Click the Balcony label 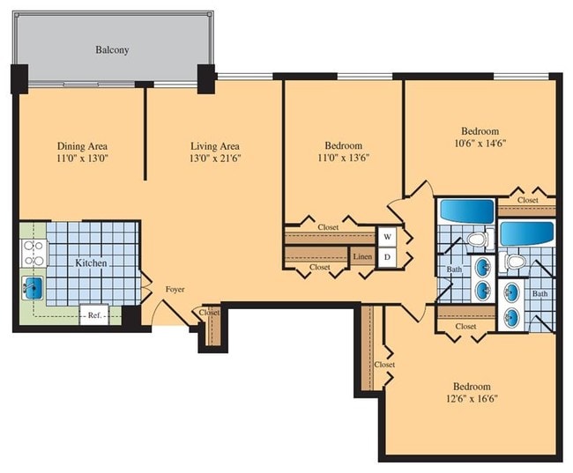pos(112,50)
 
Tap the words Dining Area pos(82,145)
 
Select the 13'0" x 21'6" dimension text pos(216,159)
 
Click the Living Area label pos(215,145)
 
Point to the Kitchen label pos(91,263)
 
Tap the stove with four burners pos(33,253)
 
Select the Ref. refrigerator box pos(93,314)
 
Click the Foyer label pos(174,288)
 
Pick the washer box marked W pos(386,237)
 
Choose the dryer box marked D pos(386,257)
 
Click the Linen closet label pos(362,257)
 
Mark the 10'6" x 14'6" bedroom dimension pos(480,144)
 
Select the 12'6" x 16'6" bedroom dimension pos(472,398)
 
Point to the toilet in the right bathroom pos(514,261)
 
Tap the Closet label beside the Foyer pos(210,313)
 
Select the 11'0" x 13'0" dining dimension pos(82,159)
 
